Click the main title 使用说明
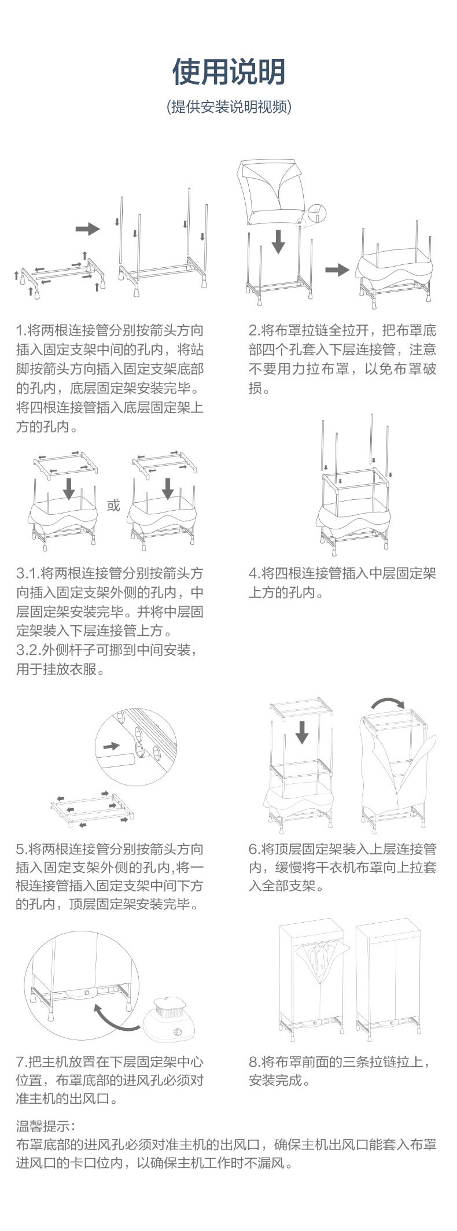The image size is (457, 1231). click(x=228, y=72)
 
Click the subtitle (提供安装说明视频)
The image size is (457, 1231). click(x=228, y=107)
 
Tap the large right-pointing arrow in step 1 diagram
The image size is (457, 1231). click(x=87, y=229)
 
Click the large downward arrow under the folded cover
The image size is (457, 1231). click(x=278, y=241)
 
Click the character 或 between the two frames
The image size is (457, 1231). click(x=113, y=506)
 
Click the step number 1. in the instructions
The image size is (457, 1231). click(x=21, y=331)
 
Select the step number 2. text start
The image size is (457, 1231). click(x=255, y=331)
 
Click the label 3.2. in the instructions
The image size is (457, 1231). click(x=27, y=650)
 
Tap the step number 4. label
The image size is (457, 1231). click(x=255, y=573)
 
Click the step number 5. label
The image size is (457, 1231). click(x=21, y=849)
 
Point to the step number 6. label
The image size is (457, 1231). click(x=255, y=849)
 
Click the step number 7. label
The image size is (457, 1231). click(x=21, y=1062)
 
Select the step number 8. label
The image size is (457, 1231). click(x=255, y=1062)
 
